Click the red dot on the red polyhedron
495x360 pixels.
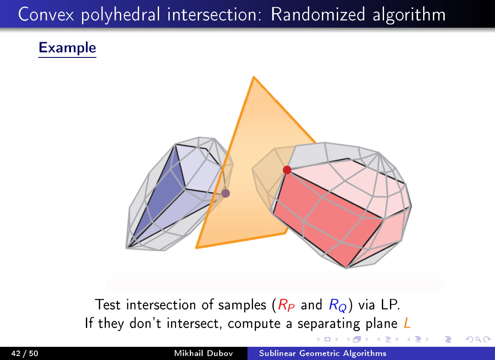click(x=287, y=170)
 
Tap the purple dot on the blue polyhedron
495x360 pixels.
click(x=226, y=193)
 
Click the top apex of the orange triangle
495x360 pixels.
click(x=253, y=77)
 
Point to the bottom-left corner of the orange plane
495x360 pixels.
click(x=196, y=247)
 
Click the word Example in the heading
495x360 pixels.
click(x=67, y=47)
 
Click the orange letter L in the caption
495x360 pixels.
click(x=407, y=323)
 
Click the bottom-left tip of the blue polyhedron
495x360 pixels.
click(x=126, y=247)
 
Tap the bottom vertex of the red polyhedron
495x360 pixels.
click(x=347, y=268)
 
